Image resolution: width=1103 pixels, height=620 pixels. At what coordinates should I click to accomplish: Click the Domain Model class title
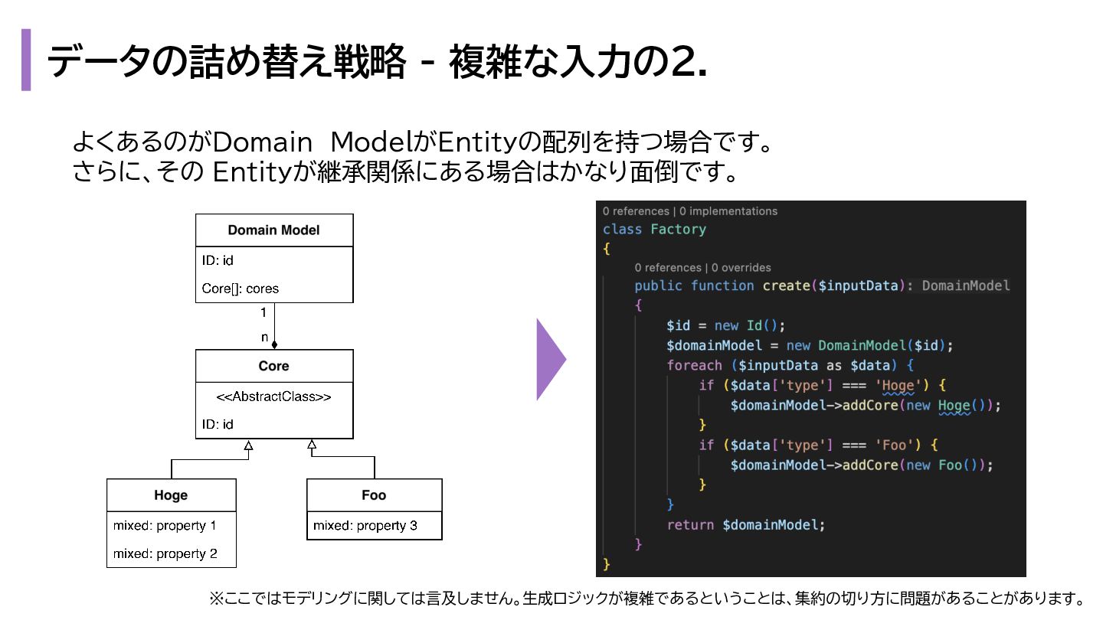pos(273,230)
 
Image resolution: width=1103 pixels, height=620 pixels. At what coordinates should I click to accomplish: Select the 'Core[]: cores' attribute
pos(241,289)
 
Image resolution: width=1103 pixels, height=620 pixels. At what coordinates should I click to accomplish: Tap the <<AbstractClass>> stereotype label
pos(273,396)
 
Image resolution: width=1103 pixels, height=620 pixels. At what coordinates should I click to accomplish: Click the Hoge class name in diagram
pos(171,495)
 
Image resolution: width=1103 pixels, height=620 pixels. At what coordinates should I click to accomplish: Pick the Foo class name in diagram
pos(374,495)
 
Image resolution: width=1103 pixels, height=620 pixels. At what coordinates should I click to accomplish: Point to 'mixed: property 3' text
pos(365,526)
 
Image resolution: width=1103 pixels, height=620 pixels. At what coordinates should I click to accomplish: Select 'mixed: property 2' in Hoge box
pos(165,553)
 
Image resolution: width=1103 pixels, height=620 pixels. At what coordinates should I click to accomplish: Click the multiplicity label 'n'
pos(264,337)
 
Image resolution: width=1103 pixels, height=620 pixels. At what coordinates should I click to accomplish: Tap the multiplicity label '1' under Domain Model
pos(263,312)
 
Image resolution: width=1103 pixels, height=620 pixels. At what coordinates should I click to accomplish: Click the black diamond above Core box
pos(274,345)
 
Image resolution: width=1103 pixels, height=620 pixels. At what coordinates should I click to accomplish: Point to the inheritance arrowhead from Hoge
pos(248,445)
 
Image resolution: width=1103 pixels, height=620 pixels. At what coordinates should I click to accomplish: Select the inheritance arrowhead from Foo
pos(312,445)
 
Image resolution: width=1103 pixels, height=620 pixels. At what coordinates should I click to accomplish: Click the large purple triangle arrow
pos(550,359)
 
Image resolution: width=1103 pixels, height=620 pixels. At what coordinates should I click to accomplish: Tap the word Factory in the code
pos(678,229)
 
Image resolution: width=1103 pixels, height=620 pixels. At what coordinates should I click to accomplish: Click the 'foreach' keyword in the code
pos(694,365)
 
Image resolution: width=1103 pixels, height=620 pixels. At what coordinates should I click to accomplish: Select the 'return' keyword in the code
pos(691,525)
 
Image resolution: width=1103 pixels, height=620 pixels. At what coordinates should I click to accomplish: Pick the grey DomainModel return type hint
pos(965,286)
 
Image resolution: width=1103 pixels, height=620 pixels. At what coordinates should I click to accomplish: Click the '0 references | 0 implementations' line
pos(689,211)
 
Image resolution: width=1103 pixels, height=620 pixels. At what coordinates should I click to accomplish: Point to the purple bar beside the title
pos(26,60)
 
